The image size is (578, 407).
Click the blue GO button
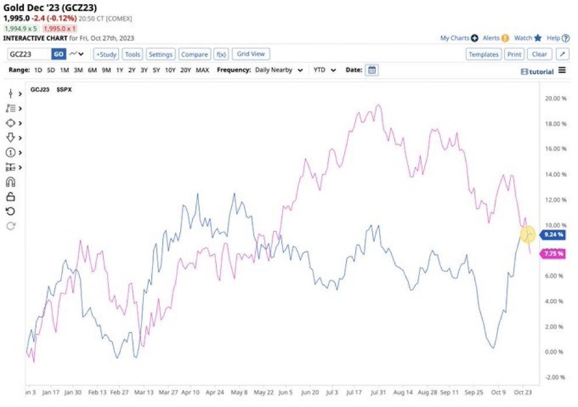(58, 54)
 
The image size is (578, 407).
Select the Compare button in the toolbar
(194, 54)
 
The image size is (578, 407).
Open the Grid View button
(251, 54)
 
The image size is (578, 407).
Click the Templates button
(484, 54)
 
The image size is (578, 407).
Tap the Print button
(514, 54)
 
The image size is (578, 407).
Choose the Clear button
(540, 54)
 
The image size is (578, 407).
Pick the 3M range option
(78, 70)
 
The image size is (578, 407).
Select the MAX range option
(202, 70)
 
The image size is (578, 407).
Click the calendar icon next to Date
(372, 70)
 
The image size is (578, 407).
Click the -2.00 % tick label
(555, 377)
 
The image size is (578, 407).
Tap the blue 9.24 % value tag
(553, 235)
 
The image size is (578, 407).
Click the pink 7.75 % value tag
(553, 254)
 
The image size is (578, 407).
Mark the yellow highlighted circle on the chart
(527, 234)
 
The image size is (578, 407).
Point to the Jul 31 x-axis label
(377, 393)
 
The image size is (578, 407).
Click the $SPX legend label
(64, 90)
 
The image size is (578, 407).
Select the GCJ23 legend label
(40, 90)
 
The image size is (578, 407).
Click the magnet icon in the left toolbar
(10, 182)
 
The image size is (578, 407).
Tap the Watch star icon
(538, 38)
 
